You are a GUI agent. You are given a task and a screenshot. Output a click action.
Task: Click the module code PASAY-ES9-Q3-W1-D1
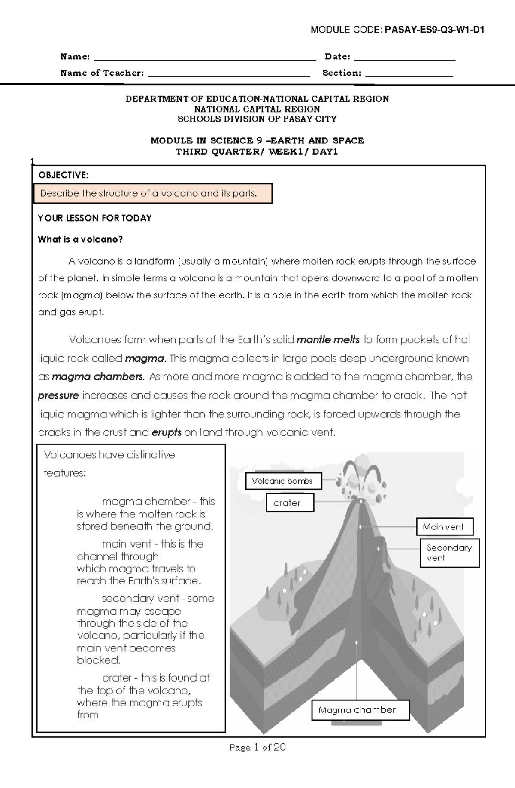pyautogui.click(x=434, y=30)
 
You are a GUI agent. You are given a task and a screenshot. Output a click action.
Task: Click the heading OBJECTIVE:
pyautogui.click(x=63, y=175)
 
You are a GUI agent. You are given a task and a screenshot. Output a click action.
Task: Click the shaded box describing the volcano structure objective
pyautogui.click(x=153, y=193)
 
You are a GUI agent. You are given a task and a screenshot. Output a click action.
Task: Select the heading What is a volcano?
pyautogui.click(x=80, y=240)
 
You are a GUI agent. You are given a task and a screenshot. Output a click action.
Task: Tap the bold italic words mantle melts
pyautogui.click(x=328, y=340)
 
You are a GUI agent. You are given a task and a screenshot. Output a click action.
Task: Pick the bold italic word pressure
pyautogui.click(x=58, y=396)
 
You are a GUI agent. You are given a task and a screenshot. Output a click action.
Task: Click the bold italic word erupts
pyautogui.click(x=167, y=432)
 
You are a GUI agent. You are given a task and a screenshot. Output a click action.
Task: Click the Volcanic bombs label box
pyautogui.click(x=283, y=481)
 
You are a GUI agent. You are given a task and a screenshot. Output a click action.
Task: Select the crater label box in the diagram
pyautogui.click(x=290, y=503)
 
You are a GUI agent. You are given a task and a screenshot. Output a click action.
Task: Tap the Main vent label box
pyautogui.click(x=444, y=527)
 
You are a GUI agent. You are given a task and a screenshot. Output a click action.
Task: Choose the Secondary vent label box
pyautogui.click(x=449, y=553)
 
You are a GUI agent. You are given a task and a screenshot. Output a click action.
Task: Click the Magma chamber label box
pyautogui.click(x=360, y=710)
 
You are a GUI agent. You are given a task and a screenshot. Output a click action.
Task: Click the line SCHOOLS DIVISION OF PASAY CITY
pyautogui.click(x=257, y=119)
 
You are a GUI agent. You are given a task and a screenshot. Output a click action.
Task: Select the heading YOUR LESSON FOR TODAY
pyautogui.click(x=95, y=218)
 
